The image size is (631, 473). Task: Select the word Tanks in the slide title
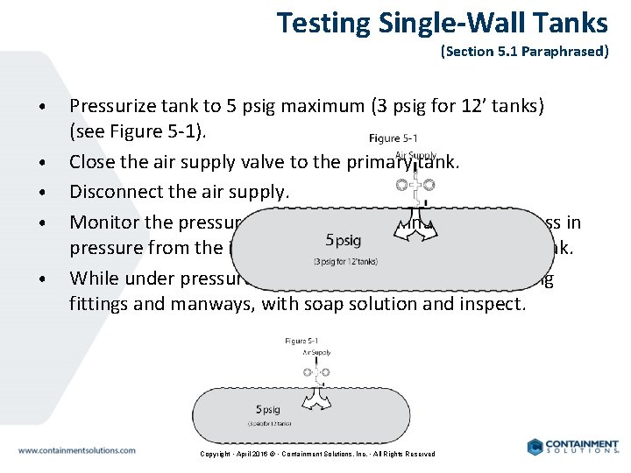tap(568, 22)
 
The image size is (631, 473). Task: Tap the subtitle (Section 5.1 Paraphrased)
tap(524, 52)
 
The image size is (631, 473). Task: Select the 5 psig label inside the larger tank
tap(343, 240)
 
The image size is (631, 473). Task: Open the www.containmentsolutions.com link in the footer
tap(77, 450)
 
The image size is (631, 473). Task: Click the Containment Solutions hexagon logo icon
tap(535, 447)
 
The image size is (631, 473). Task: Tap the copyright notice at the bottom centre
tap(317, 454)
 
